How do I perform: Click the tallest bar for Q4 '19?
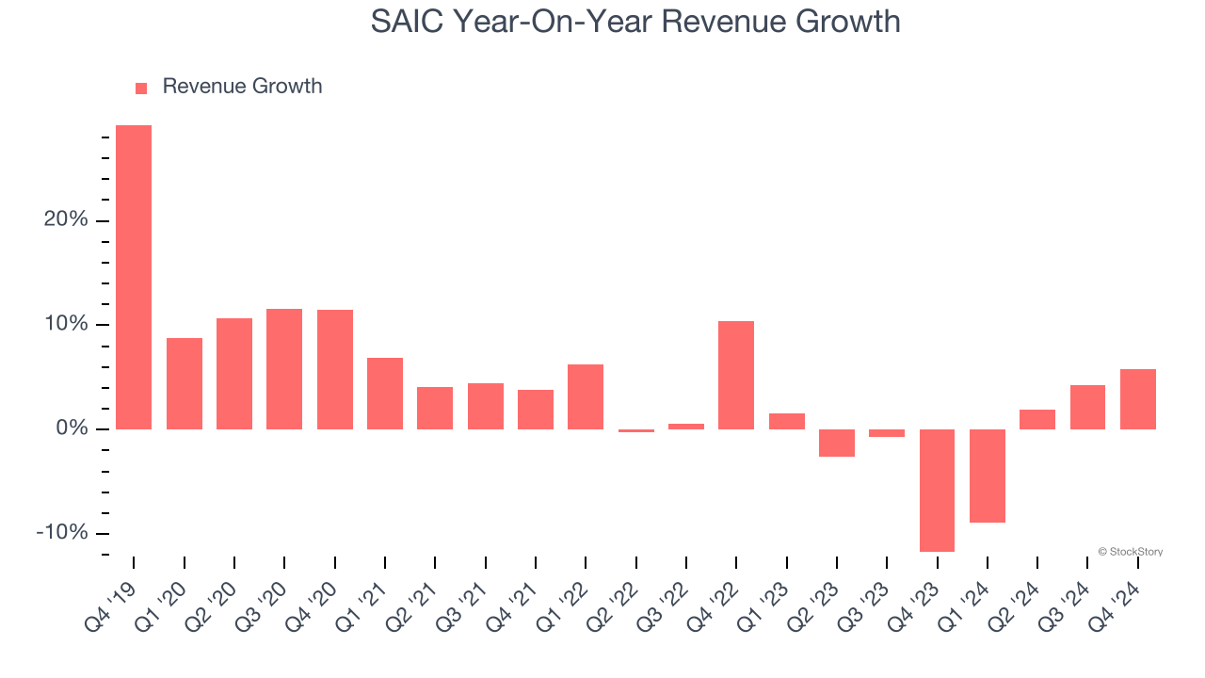click(x=134, y=277)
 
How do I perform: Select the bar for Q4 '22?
click(x=736, y=375)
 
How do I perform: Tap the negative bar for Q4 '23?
click(x=937, y=490)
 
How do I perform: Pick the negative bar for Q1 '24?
click(x=988, y=476)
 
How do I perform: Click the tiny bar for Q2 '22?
click(x=635, y=430)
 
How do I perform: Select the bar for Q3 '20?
click(x=284, y=369)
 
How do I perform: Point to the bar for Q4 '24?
click(x=1137, y=399)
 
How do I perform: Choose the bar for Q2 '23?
click(x=837, y=443)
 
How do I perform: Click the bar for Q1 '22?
click(x=586, y=396)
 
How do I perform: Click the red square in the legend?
click(x=141, y=89)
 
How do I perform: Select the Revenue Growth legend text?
click(x=242, y=87)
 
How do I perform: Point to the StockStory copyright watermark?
click(x=1130, y=552)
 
